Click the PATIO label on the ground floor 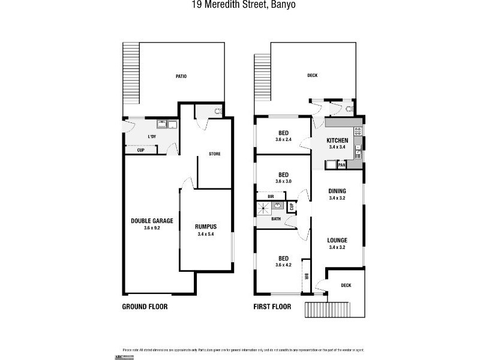click(x=181, y=76)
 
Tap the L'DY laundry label click(x=152, y=137)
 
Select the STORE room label click(x=214, y=154)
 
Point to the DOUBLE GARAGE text click(x=152, y=221)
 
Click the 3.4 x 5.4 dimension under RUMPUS click(x=206, y=234)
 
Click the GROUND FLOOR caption click(x=145, y=307)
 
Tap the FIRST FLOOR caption click(x=272, y=307)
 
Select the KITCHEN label click(x=337, y=140)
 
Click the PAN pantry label click(x=341, y=164)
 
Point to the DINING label click(x=337, y=191)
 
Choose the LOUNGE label click(x=338, y=240)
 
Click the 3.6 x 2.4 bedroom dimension click(x=283, y=139)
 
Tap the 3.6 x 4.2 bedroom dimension click(x=283, y=264)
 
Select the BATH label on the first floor click(x=275, y=219)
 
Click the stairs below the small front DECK click(x=328, y=310)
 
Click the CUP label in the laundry click(x=140, y=150)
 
